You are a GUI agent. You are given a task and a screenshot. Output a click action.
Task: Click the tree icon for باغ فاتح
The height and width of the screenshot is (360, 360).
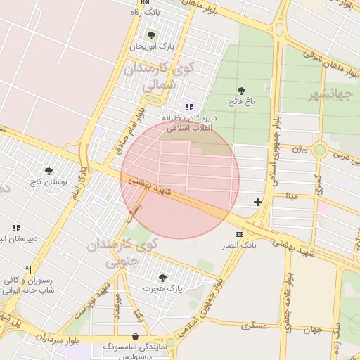242,91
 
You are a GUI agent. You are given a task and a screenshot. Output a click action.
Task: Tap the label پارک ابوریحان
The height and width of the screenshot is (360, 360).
151,46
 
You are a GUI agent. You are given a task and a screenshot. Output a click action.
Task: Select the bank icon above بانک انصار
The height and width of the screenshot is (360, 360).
239,233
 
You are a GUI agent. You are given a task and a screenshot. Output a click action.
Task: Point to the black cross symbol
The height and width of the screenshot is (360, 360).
258,202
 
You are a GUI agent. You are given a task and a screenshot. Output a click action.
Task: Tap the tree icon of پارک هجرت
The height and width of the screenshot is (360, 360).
162,278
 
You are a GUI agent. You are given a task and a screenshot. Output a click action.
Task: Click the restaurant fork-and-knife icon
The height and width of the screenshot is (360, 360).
28,269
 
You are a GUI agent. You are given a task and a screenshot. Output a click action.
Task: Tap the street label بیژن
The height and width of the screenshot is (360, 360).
300,148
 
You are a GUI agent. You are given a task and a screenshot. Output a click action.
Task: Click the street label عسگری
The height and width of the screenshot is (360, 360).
254,326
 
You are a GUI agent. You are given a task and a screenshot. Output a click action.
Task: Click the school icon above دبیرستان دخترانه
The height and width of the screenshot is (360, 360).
189,107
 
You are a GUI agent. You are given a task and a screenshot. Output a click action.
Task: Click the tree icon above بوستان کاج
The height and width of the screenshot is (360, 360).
49,171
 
